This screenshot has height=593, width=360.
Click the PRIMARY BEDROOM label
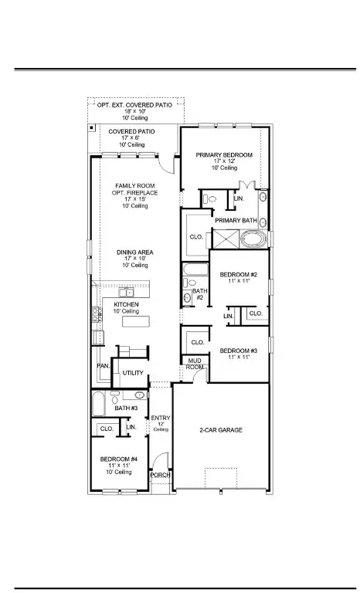[224, 155]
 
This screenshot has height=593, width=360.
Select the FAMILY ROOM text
[136, 185]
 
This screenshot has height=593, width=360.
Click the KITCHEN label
[126, 305]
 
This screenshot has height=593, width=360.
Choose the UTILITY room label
[133, 373]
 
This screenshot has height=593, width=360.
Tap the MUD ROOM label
[194, 364]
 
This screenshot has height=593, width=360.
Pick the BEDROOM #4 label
[118, 459]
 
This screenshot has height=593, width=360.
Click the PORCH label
[160, 475]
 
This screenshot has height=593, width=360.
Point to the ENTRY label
[160, 418]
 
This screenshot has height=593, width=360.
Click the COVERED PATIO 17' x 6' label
[131, 132]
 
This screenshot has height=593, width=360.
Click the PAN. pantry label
[102, 366]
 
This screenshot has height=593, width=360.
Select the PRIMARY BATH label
[236, 221]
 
